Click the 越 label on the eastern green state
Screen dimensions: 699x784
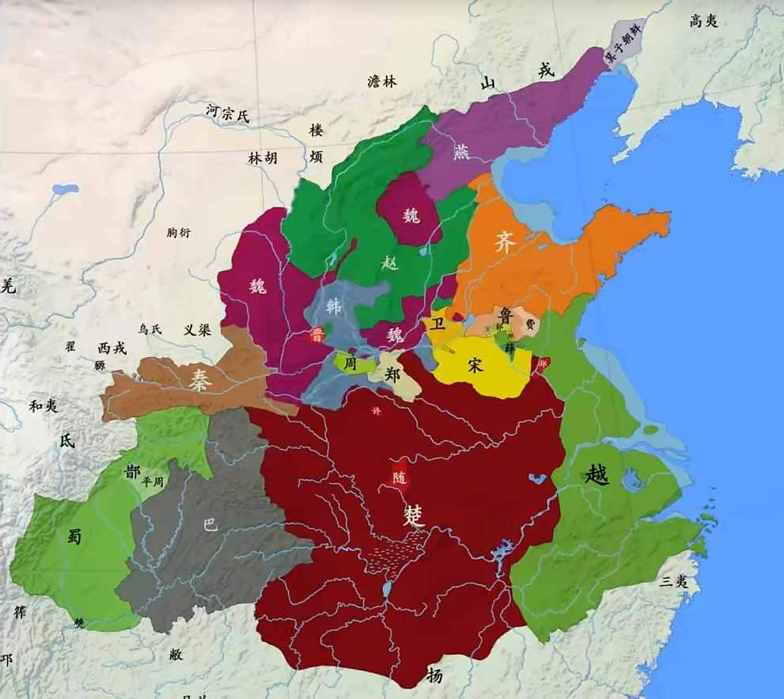pos(596,474)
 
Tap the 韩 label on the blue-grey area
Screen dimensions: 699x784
pos(334,306)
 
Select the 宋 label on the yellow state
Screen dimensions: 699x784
pos(475,365)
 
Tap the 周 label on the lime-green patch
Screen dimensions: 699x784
pos(349,363)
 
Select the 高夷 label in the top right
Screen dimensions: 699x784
pos(704,21)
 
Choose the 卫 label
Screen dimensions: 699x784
pos(437,324)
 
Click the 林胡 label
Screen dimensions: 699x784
pos(263,158)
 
